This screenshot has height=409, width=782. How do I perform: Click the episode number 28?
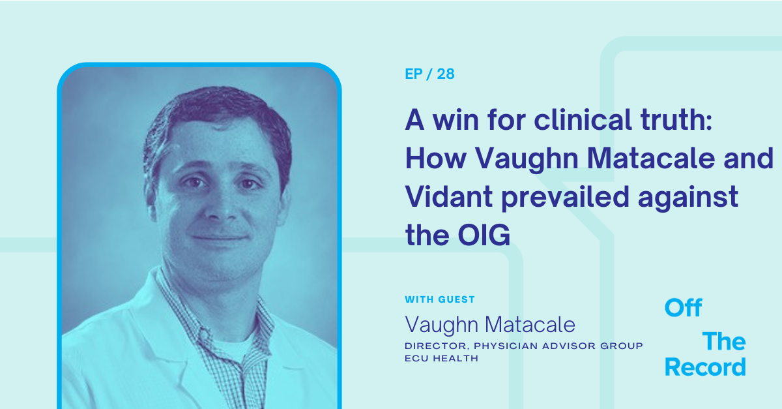(446, 74)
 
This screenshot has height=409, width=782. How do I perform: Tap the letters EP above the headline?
(414, 74)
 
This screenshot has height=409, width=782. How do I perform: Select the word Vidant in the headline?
(449, 197)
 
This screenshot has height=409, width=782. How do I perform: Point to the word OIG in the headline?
(484, 235)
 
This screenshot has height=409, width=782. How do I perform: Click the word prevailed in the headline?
(565, 198)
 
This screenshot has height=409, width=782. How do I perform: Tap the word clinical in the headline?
(583, 119)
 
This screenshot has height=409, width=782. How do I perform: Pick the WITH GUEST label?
(440, 299)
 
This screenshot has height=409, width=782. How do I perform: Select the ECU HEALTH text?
(441, 358)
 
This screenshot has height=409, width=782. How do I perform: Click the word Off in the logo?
(683, 308)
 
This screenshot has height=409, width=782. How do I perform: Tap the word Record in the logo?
(705, 367)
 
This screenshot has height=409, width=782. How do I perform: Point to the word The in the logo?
(724, 341)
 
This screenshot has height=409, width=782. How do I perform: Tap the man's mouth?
(220, 237)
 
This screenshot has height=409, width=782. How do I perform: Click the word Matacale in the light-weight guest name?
(530, 325)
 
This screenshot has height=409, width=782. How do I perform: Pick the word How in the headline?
(436, 159)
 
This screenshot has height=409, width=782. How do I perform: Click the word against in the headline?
(688, 198)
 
